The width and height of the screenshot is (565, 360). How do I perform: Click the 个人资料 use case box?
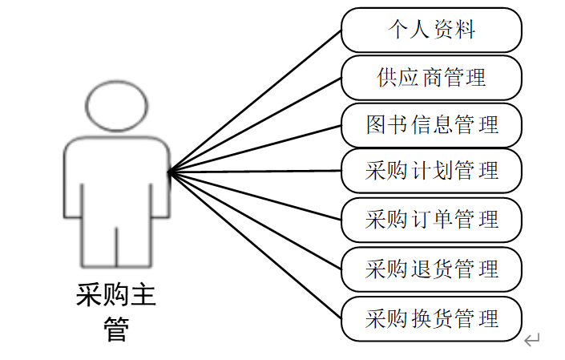pos(432,30)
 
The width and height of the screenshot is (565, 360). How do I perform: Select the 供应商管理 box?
pos(432,78)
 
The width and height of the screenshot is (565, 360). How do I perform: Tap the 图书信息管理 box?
pos(432,124)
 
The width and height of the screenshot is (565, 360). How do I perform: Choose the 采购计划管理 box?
pos(432,171)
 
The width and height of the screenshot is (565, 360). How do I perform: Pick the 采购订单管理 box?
pos(432,218)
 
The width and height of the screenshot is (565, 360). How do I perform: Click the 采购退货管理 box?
pos(432,269)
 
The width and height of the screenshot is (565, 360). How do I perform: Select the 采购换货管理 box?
pos(432,318)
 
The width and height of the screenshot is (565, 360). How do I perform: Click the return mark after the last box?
pos(532,341)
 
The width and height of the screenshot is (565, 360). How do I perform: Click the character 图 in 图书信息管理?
pos(377,124)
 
